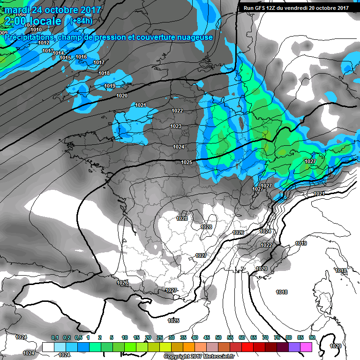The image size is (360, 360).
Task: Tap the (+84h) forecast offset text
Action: pyautogui.click(x=80, y=21)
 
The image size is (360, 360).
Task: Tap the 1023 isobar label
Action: pyautogui.click(x=176, y=126)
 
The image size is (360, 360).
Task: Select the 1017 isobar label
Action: pyautogui.click(x=99, y=62)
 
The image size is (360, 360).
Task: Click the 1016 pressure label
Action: pyautogui.click(x=81, y=57)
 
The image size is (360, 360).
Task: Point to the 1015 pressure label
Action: pyautogui.click(x=65, y=58)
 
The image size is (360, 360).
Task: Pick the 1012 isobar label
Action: pyautogui.click(x=44, y=43)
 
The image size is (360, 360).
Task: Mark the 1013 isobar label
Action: pyautogui.click(x=48, y=51)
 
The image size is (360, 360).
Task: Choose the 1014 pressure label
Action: pyautogui.click(x=58, y=53)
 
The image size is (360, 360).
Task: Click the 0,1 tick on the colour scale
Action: pyautogui.click(x=54, y=337)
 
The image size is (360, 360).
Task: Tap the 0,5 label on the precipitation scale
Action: pyautogui.click(x=78, y=337)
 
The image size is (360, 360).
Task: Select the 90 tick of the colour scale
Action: pyautogui.click(x=312, y=337)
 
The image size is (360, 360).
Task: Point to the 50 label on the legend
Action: pyautogui.click(x=218, y=337)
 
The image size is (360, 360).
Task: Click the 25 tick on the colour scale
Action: pyautogui.click(x=160, y=337)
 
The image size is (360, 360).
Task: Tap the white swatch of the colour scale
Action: pyautogui.click(x=48, y=347)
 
